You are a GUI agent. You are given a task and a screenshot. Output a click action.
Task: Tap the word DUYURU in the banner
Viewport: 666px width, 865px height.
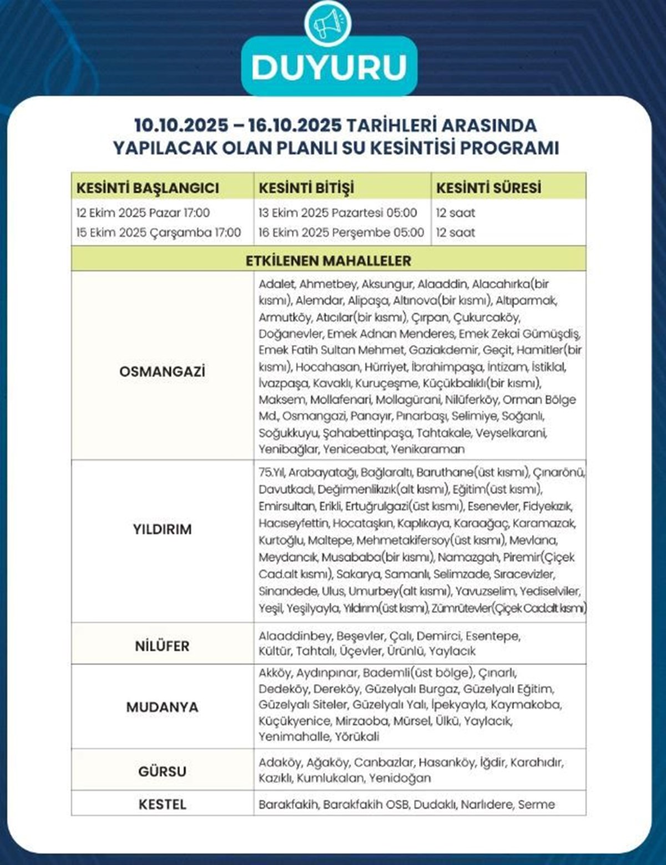[329, 67]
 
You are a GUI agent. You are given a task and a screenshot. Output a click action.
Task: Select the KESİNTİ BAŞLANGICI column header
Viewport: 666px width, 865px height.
[148, 188]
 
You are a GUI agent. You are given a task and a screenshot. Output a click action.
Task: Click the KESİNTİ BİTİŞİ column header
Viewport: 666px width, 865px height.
[306, 188]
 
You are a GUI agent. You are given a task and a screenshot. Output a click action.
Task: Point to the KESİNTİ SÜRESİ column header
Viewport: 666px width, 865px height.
[488, 188]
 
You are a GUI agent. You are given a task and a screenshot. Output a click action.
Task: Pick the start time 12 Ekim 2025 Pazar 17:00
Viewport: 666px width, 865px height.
[143, 213]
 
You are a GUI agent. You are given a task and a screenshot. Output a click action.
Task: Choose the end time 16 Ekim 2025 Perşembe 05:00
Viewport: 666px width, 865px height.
[341, 232]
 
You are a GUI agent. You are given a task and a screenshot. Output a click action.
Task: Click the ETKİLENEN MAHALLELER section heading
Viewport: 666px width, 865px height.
[329, 261]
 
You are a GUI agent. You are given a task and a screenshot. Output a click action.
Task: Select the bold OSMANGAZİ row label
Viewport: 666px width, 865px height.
[162, 371]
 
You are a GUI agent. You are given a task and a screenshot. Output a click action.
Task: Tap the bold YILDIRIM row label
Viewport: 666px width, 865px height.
[162, 529]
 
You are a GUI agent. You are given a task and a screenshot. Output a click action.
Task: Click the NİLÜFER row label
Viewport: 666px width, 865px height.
[162, 646]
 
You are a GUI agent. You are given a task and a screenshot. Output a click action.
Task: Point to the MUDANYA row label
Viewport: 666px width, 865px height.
[162, 707]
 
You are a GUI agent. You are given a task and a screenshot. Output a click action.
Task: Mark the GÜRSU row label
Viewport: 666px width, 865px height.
[162, 771]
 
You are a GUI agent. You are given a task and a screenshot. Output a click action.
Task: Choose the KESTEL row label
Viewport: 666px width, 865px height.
[162, 804]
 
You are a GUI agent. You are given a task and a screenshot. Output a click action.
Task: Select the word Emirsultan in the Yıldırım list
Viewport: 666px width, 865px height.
[286, 507]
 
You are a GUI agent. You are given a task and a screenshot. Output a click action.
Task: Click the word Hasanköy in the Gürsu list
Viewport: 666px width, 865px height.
[446, 762]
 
